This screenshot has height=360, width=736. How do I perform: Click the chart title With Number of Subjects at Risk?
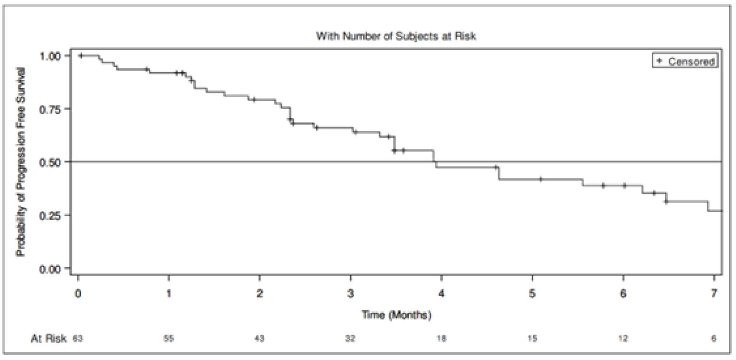coord(395,37)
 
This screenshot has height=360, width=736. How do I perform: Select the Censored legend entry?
coord(685,61)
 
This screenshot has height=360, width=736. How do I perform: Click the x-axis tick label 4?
coord(441,293)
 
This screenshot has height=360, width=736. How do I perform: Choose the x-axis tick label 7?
coord(714,293)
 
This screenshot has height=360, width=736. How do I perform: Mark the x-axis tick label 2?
coord(259,293)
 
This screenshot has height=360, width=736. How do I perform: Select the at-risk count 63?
coord(77,338)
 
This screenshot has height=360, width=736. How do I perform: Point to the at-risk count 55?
coord(168,338)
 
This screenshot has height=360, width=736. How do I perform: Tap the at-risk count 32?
coord(350,338)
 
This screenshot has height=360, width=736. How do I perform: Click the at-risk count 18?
coord(441,338)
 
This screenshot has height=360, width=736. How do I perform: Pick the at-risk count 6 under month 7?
coord(714,338)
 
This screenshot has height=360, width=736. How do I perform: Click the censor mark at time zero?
coord(81,56)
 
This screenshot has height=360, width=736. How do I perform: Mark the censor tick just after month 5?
coord(541,179)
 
